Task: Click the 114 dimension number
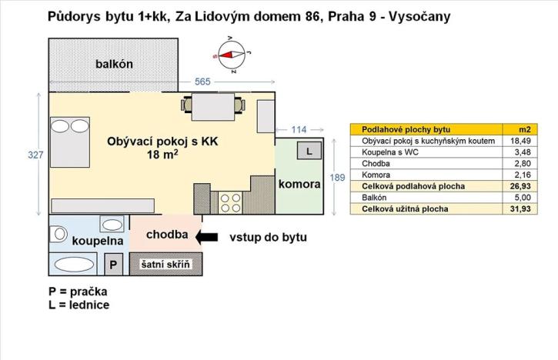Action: coord(296,129)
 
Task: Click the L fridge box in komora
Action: coord(309,152)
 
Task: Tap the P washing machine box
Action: coord(113,265)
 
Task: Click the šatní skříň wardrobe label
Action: coord(169,265)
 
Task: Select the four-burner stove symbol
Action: coord(230,202)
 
